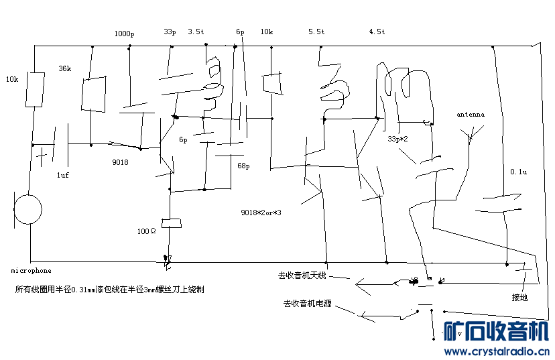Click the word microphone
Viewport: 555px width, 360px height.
(x=31, y=271)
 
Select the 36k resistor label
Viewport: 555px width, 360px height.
(x=65, y=68)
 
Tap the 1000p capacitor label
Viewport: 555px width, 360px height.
(x=124, y=34)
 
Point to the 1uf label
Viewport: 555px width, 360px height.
(x=62, y=175)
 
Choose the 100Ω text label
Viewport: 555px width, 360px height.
(x=147, y=231)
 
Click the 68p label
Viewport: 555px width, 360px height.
(x=243, y=166)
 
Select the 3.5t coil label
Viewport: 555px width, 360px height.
(x=196, y=32)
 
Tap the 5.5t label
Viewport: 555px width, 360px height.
(x=316, y=32)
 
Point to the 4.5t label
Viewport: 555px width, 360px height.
(x=377, y=32)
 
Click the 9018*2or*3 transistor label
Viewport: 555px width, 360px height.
(x=261, y=213)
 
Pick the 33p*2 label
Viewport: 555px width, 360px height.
(x=397, y=139)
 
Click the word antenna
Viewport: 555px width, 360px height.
(x=471, y=115)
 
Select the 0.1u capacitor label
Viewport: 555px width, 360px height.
(x=518, y=172)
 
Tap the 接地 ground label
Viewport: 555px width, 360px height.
(x=519, y=298)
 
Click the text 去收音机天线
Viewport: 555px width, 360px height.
(x=302, y=276)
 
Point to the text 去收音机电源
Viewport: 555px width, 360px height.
(x=307, y=304)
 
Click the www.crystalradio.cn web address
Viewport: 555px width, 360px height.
(x=497, y=351)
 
